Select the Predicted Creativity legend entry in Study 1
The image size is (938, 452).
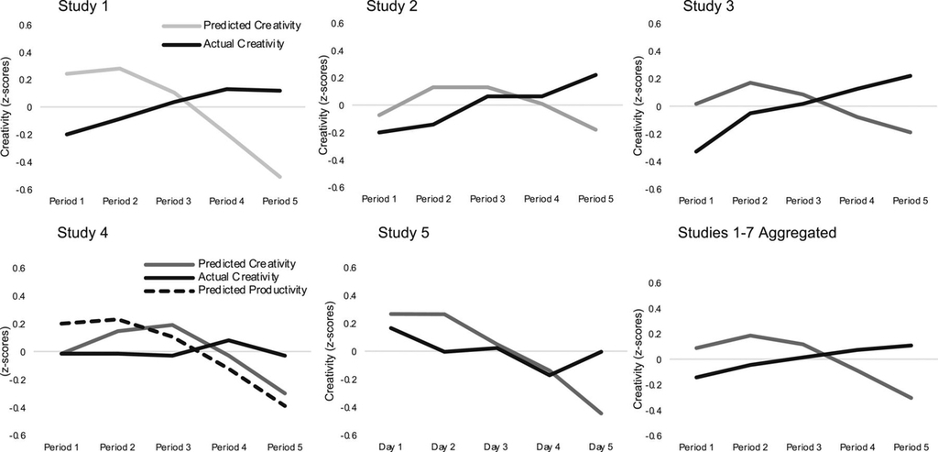pyautogui.click(x=232, y=27)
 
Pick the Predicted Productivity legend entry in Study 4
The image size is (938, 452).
pyautogui.click(x=225, y=290)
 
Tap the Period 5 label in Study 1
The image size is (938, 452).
pyautogui.click(x=280, y=202)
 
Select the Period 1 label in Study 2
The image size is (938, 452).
pyautogui.click(x=379, y=198)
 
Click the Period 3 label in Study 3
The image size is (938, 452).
pyautogui.click(x=802, y=202)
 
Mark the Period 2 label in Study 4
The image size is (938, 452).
pyautogui.click(x=118, y=446)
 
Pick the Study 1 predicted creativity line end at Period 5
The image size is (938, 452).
pyautogui.click(x=280, y=177)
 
